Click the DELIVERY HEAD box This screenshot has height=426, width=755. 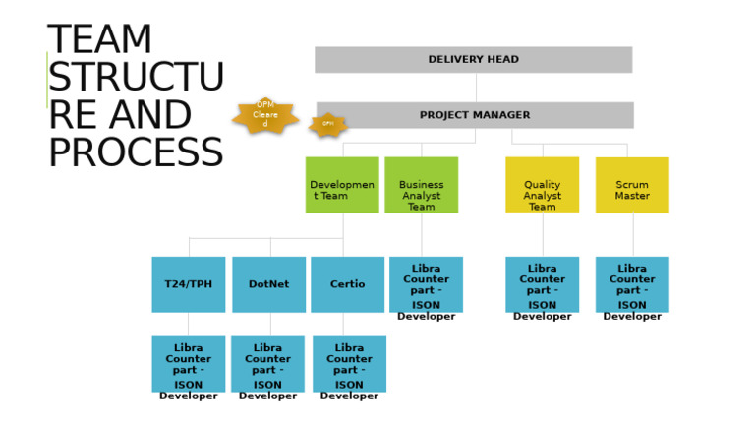pos(473,59)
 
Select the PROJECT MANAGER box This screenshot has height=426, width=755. pos(475,115)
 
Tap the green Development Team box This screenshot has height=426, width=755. pos(341,185)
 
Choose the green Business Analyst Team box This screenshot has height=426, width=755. pos(421,185)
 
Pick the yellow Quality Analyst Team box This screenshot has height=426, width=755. pos(542,185)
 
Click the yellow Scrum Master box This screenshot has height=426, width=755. pos(632,185)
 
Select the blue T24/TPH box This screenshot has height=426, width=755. pos(188,284)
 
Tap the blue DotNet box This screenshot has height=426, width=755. pos(268,284)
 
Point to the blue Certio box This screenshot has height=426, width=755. pos(347,284)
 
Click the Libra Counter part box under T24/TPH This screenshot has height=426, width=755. pos(188,364)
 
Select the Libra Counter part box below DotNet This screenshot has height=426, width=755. pos(267,364)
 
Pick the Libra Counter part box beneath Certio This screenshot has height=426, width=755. pos(349,364)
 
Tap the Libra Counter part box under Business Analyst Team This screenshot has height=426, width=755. pos(426,284)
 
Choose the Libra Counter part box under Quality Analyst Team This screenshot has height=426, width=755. pos(542,284)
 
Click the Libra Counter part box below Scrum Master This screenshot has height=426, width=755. pos(632,284)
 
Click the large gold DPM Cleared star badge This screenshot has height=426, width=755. pos(265,115)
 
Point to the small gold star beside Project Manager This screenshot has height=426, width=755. pos(328,125)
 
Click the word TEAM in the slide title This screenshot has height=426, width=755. pos(100,40)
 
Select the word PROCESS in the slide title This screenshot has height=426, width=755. pos(135,153)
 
